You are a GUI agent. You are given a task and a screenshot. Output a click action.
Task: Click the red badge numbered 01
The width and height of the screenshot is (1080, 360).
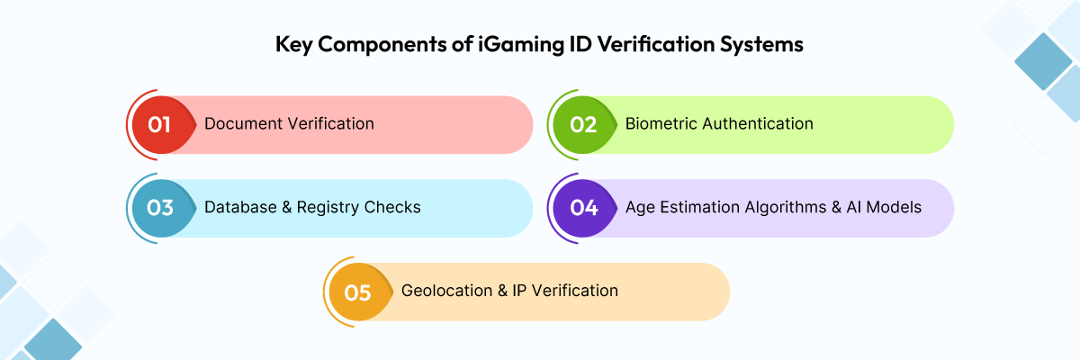pos(160,124)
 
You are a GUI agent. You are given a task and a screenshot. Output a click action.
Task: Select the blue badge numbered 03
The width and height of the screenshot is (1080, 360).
pos(160,207)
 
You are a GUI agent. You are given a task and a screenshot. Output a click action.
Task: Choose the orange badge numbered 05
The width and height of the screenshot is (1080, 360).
pos(358,292)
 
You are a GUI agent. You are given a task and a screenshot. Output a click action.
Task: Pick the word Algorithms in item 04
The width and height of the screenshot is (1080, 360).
pos(787,207)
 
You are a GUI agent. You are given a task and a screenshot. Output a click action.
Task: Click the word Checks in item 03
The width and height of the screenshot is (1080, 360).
pos(392,207)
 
